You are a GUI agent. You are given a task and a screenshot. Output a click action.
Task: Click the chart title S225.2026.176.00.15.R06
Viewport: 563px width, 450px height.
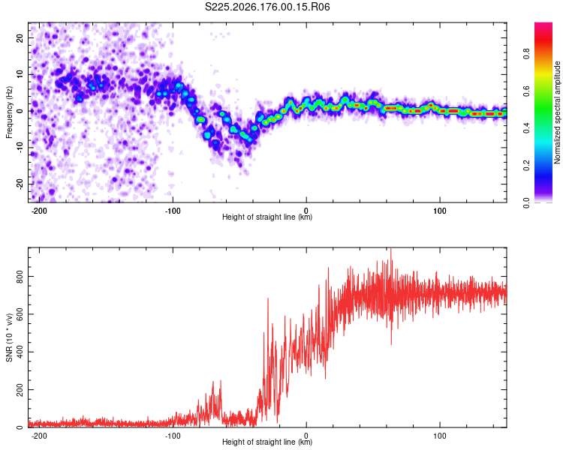(x=267, y=7)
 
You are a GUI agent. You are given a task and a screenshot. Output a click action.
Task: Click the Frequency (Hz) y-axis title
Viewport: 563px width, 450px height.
(x=9, y=112)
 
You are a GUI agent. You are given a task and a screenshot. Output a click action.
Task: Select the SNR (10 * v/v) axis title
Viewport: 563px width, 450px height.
(x=9, y=337)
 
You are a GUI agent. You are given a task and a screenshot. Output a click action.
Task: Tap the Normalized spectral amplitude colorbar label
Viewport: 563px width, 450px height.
(x=557, y=112)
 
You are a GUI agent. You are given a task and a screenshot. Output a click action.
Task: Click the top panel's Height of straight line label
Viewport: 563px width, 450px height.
(x=267, y=217)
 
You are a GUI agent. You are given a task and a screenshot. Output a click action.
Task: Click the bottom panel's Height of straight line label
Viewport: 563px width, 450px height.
(x=267, y=442)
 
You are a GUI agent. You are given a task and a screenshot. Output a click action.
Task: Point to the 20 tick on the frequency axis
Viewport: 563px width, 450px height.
(x=20, y=38)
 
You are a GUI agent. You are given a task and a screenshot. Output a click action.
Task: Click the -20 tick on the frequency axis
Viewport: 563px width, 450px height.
(x=20, y=184)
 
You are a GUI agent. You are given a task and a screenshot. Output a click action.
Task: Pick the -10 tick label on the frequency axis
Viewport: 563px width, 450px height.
(x=20, y=148)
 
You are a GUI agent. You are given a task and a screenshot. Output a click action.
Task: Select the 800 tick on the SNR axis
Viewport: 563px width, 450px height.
(x=20, y=277)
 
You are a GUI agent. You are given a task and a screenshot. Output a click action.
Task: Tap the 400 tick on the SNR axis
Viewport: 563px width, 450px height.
(x=20, y=352)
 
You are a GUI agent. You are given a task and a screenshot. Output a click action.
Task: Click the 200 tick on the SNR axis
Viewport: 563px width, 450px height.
(x=20, y=390)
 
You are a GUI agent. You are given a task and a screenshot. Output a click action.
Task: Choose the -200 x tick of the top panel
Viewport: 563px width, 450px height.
(x=39, y=211)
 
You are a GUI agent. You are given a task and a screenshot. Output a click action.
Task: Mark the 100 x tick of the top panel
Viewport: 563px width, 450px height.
(x=439, y=211)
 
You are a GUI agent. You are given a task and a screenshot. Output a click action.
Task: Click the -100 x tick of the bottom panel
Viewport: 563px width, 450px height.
(x=173, y=436)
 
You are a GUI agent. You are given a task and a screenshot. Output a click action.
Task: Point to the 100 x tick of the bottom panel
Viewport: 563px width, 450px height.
(x=439, y=436)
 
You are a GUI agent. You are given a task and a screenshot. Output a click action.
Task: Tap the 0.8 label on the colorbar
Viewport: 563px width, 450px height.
(x=526, y=53)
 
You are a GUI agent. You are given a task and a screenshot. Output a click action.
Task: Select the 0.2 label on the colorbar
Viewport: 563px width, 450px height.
(x=526, y=166)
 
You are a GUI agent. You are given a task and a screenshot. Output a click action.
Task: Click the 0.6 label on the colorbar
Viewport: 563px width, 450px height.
(x=526, y=91)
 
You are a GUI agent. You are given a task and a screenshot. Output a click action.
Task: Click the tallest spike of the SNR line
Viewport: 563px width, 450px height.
(x=391, y=250)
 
